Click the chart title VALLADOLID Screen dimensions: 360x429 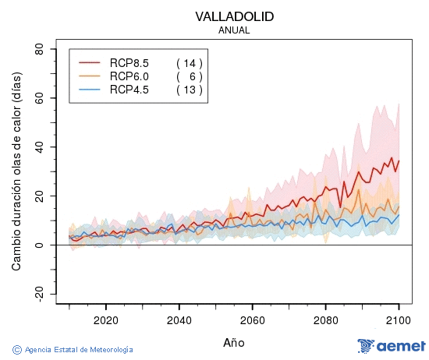[235, 16]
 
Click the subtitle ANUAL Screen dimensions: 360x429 [235, 30]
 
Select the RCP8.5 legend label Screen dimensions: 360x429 [129, 62]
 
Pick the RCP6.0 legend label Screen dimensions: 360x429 [129, 76]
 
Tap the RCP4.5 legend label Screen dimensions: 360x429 [129, 90]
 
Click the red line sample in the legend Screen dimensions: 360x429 [90, 62]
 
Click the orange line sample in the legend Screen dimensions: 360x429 [90, 76]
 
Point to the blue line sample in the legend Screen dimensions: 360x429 [90, 90]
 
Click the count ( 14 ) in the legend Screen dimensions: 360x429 [190, 62]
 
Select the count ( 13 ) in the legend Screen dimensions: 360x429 [190, 90]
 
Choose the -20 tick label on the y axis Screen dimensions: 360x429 [37, 294]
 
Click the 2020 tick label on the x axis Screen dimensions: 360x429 [105, 320]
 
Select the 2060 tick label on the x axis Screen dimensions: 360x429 [252, 320]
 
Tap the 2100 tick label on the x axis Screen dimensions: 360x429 [399, 320]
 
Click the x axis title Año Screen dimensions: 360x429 [234, 342]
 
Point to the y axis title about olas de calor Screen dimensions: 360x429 [16, 165]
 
